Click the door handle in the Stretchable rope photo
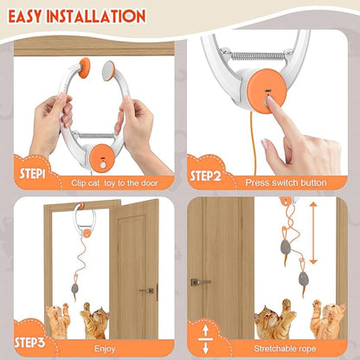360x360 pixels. point(200,281)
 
